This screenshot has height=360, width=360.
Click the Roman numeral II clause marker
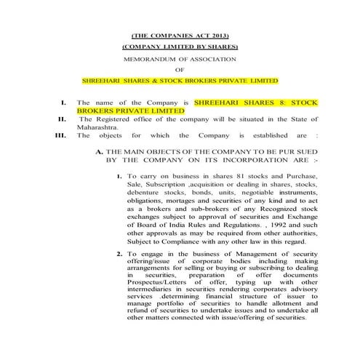63,116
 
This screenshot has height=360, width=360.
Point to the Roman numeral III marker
60,135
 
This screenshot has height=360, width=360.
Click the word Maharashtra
98,125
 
